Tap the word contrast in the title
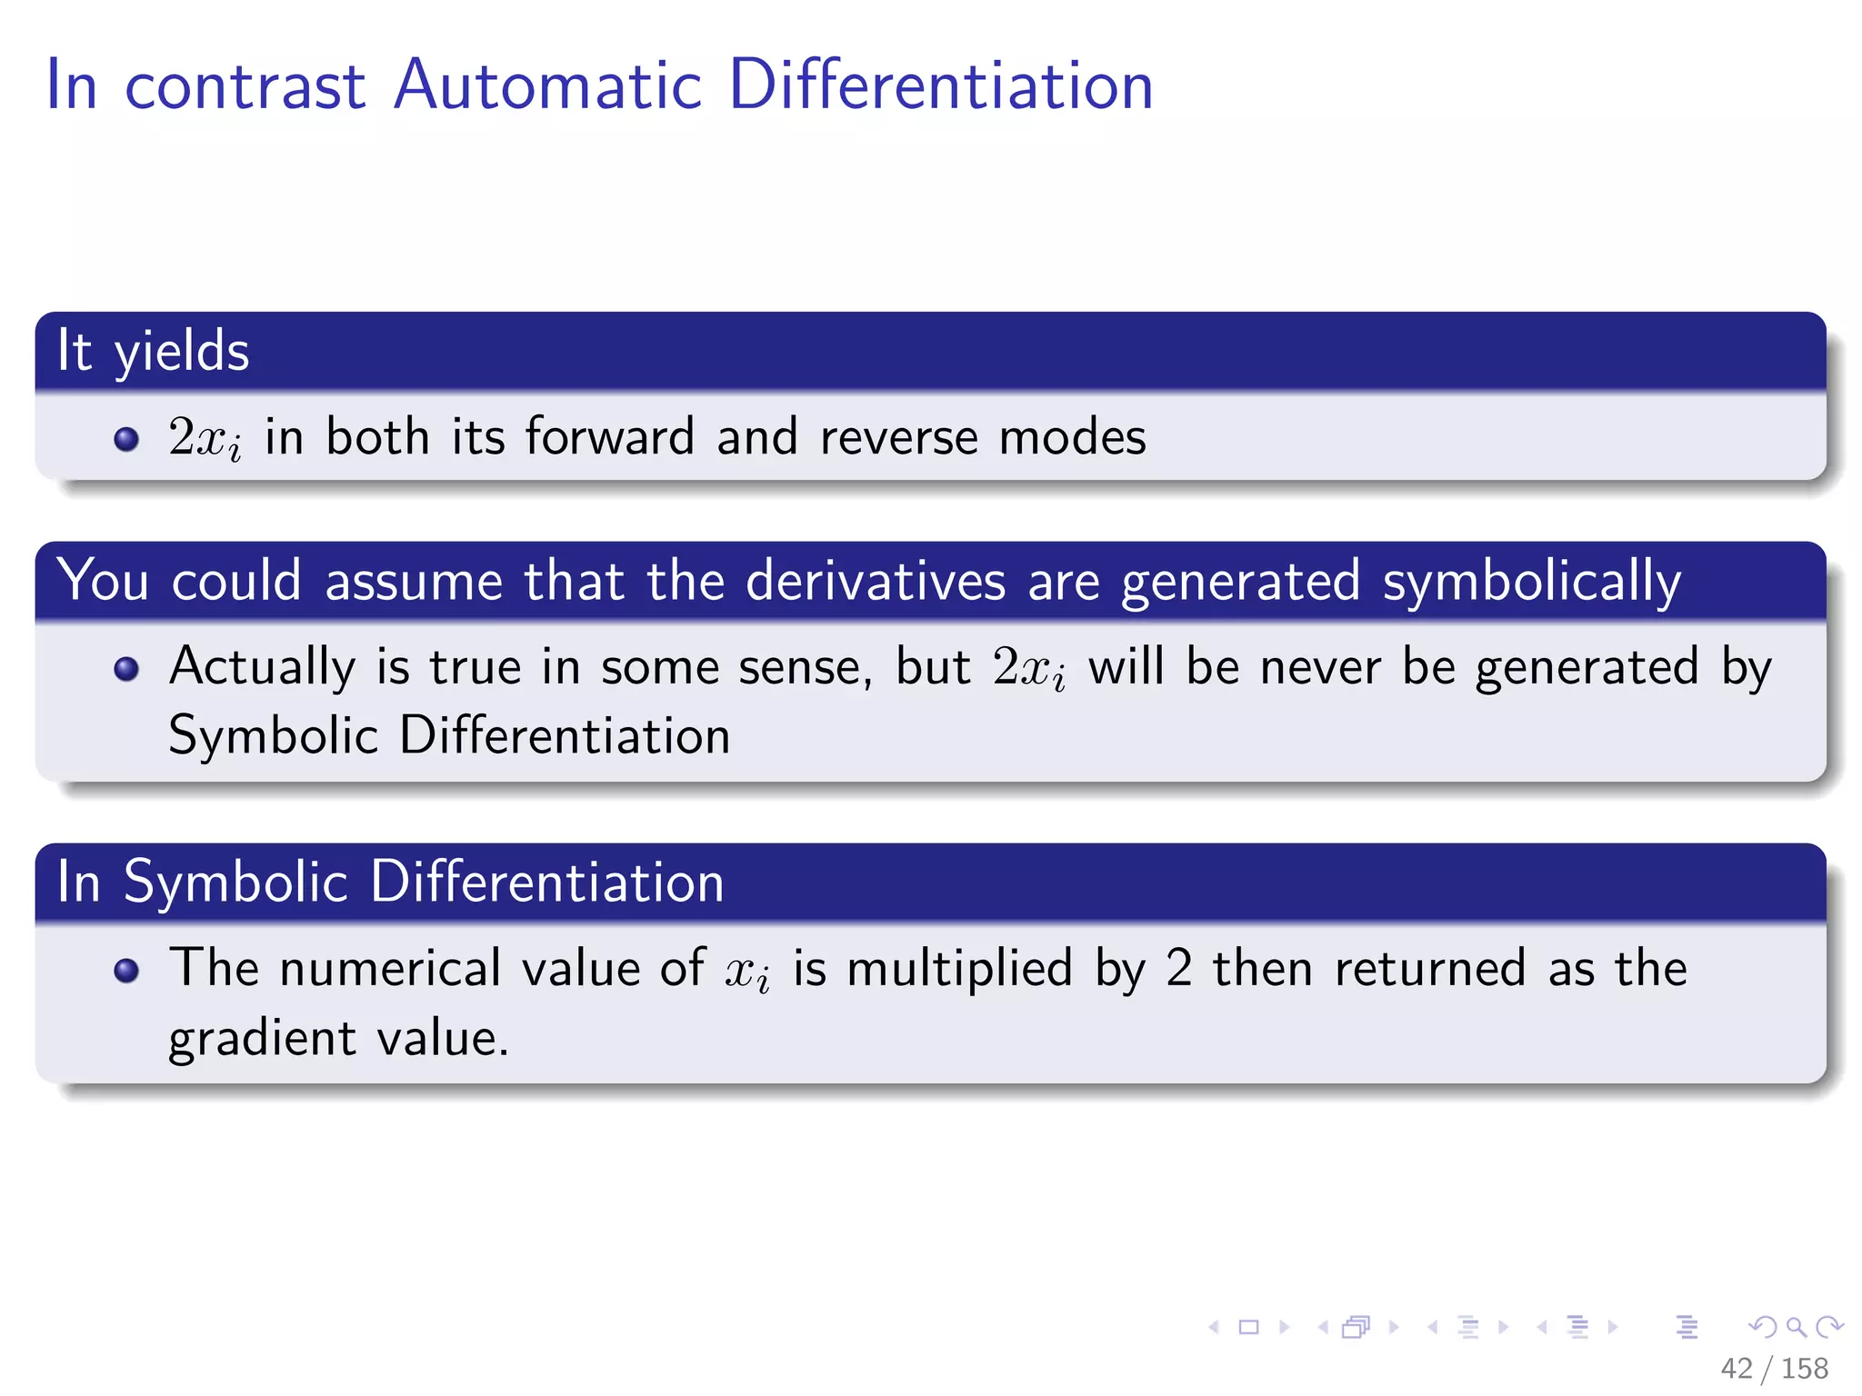[x=245, y=87]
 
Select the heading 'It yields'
[x=153, y=351]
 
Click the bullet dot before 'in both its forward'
[x=126, y=440]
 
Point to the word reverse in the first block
[x=898, y=438]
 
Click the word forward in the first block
[x=609, y=436]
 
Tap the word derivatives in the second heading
[x=876, y=580]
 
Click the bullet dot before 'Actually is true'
[x=126, y=670]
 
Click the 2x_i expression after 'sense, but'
[x=1028, y=668]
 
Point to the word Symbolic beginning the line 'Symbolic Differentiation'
[x=273, y=735]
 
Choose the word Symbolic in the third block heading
[x=235, y=882]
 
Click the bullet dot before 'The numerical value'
[x=126, y=971]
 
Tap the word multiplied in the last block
[x=959, y=968]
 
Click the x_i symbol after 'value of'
[x=747, y=972]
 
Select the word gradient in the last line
[x=262, y=1039]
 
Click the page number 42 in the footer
[x=1736, y=1368]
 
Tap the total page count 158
[x=1804, y=1368]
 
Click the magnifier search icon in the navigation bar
[x=1796, y=1327]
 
